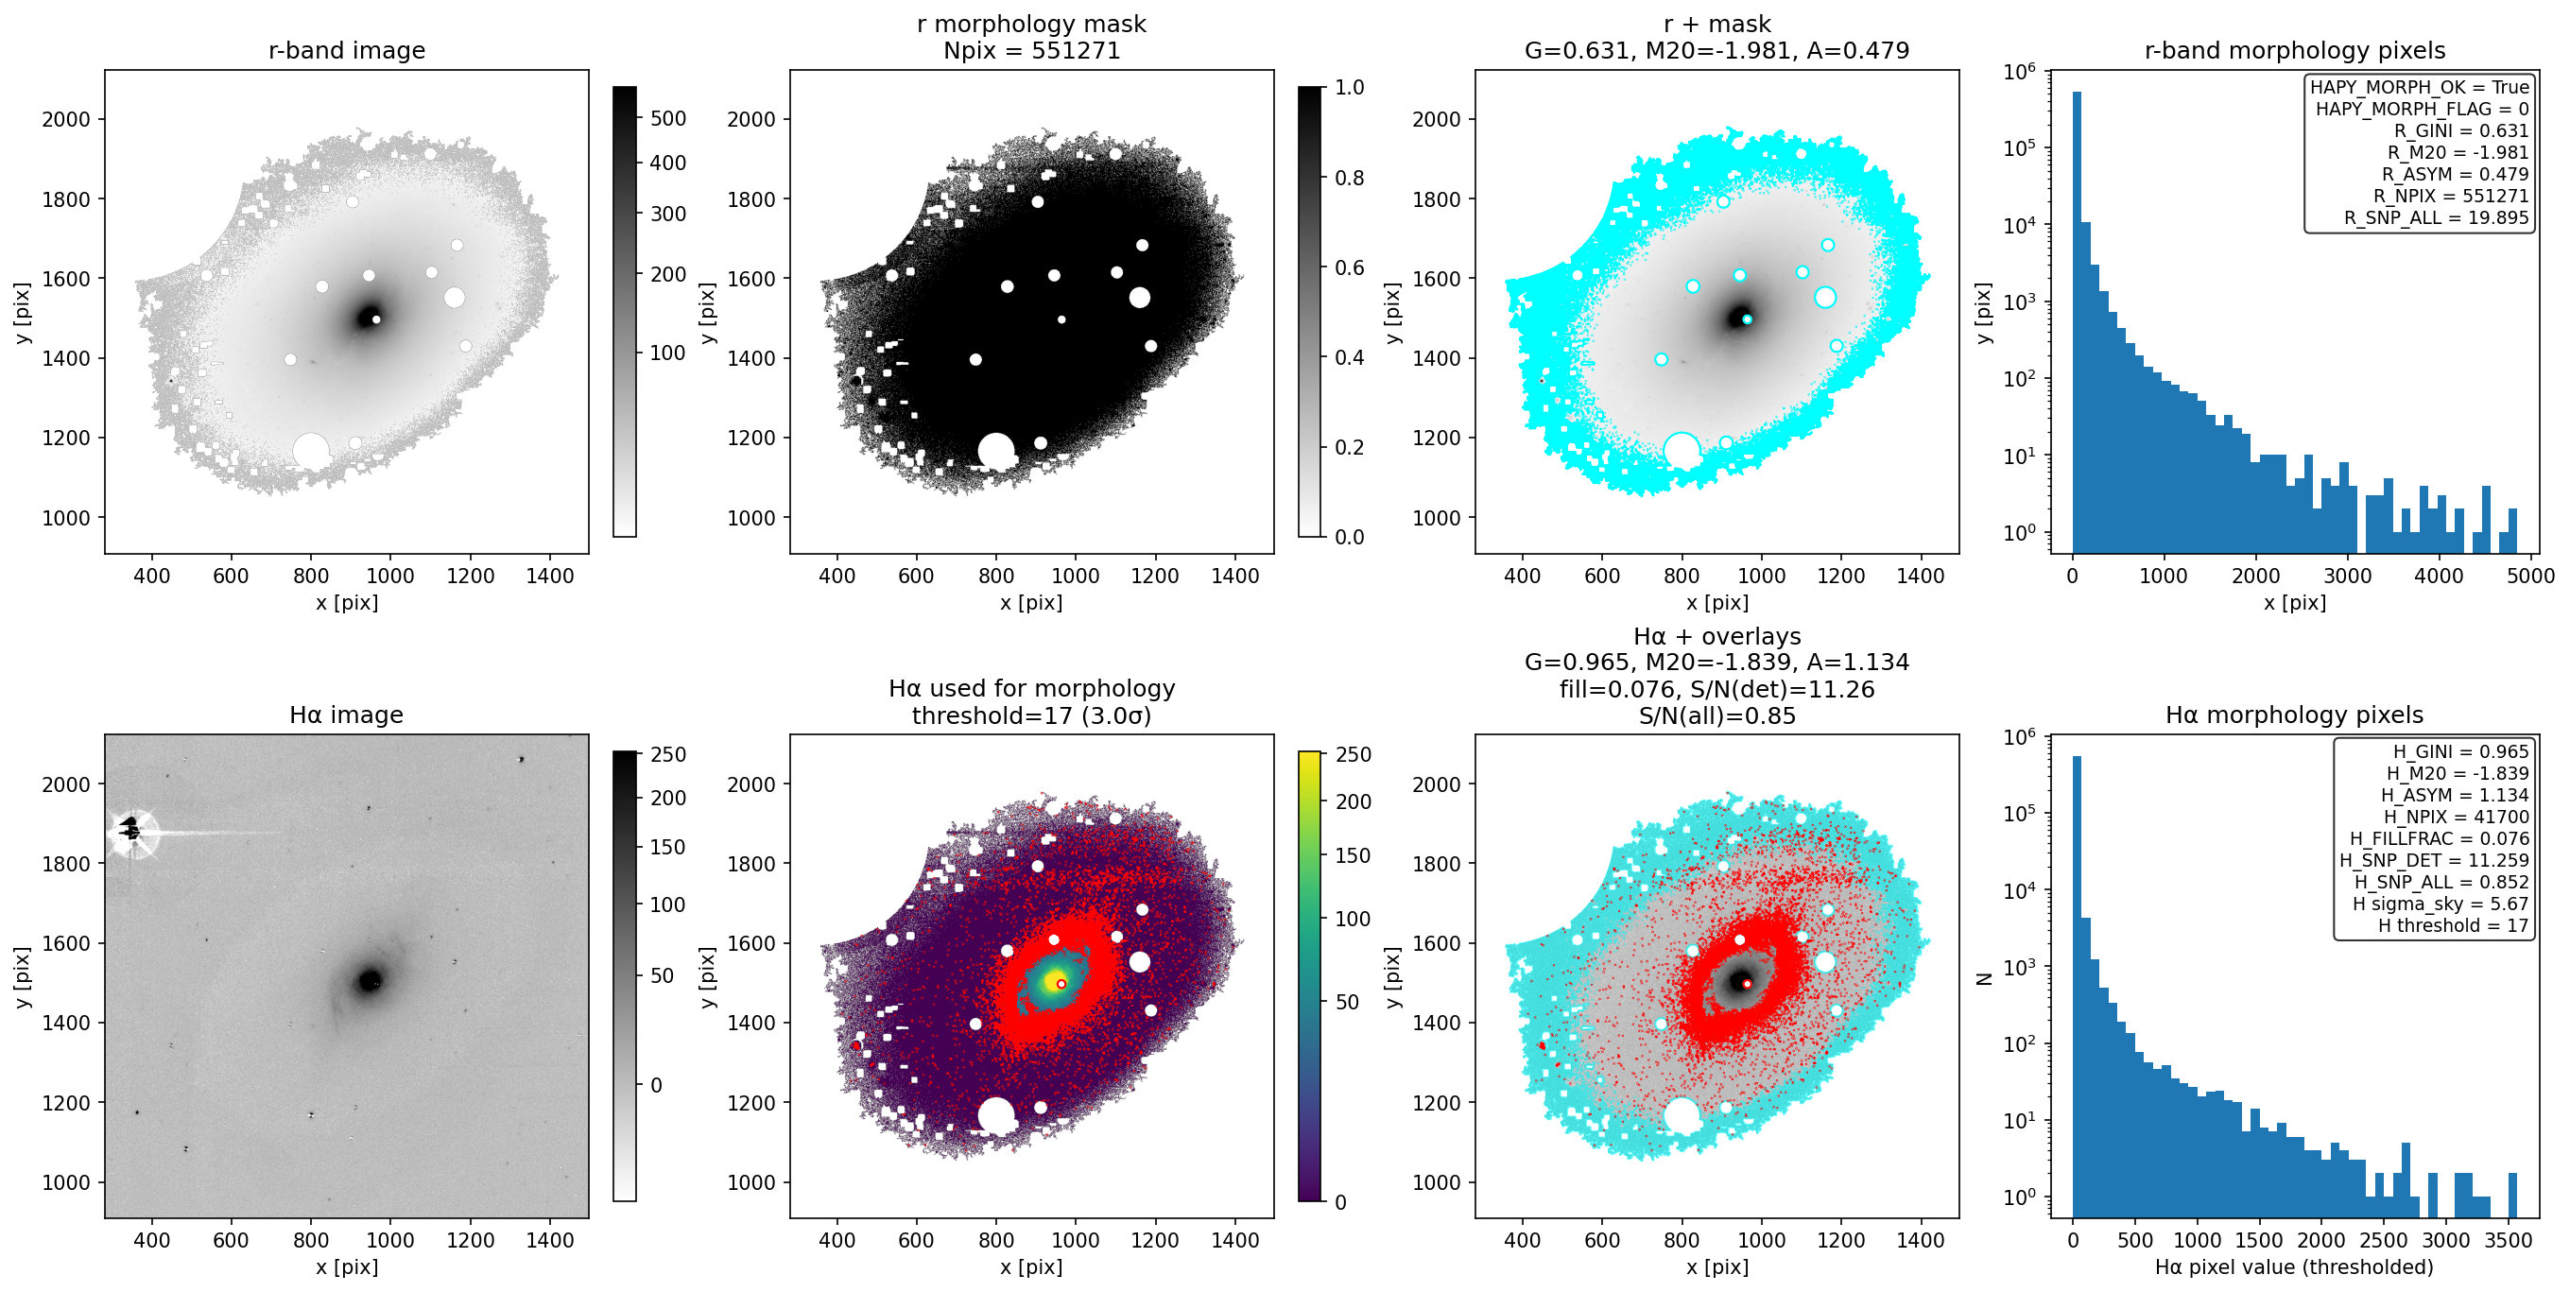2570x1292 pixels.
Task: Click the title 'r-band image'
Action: point(346,50)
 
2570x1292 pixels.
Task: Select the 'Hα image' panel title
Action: point(346,715)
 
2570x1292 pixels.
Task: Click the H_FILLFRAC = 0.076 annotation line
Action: point(2440,838)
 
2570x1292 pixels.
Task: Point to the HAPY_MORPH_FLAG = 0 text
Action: point(2423,109)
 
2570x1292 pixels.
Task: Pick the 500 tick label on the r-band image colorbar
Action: point(667,119)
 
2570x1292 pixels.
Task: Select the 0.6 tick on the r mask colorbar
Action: point(1350,267)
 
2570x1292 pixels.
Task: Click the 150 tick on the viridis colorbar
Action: point(1353,855)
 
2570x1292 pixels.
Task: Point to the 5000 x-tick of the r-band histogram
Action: point(2530,576)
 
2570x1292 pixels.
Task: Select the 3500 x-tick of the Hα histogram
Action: point(2509,1240)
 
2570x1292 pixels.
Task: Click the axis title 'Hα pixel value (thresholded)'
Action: point(2294,1267)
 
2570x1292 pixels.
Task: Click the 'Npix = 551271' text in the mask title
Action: point(1031,50)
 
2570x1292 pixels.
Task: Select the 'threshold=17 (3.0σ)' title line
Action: point(1031,715)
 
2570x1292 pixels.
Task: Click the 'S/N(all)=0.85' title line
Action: point(1717,715)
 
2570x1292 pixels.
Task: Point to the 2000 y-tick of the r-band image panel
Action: point(66,119)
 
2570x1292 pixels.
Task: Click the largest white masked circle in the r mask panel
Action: point(995,451)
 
